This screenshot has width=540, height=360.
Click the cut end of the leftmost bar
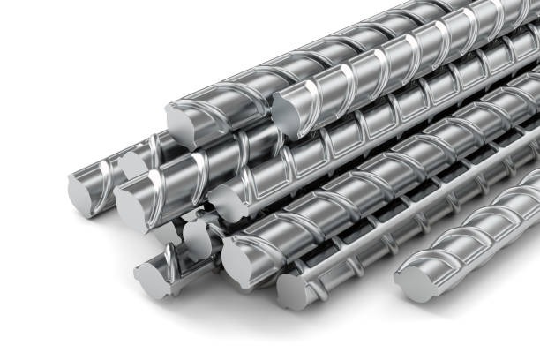(84, 192)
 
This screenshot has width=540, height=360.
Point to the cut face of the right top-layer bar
(287, 114)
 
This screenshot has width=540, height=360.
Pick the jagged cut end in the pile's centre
(227, 204)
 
